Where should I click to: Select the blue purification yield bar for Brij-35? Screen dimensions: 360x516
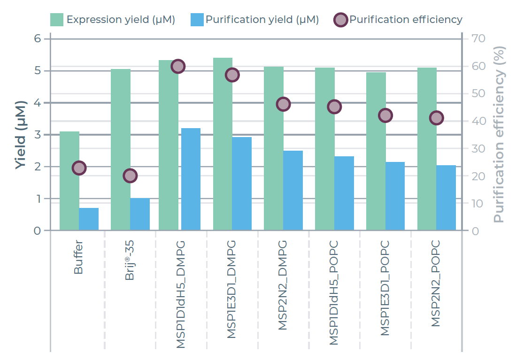(x=140, y=214)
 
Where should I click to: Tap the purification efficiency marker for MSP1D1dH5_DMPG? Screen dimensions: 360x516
(x=178, y=66)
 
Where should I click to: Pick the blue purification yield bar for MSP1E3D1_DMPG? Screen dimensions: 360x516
(x=242, y=184)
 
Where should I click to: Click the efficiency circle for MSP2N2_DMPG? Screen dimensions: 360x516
(x=283, y=104)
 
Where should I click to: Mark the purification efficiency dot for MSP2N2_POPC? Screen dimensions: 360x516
(x=437, y=118)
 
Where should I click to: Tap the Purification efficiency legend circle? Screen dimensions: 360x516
(x=340, y=20)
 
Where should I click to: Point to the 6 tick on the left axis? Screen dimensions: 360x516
(x=38, y=38)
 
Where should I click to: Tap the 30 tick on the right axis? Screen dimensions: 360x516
(x=477, y=148)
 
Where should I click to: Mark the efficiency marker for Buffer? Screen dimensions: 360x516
(x=79, y=168)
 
